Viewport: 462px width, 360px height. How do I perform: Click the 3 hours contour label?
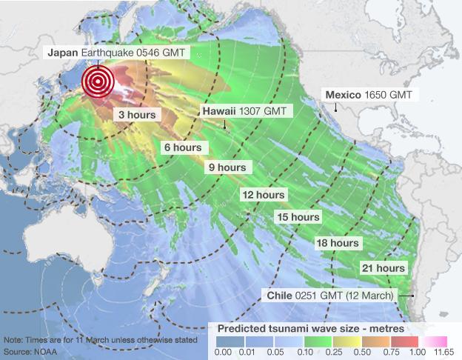pyautogui.click(x=136, y=116)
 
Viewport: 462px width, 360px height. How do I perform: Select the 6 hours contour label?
pyautogui.click(x=183, y=147)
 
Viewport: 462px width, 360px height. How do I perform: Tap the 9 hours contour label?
pyautogui.click(x=227, y=167)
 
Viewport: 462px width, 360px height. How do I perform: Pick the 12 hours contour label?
pyautogui.click(x=264, y=195)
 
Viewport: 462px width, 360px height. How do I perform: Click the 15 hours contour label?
pyautogui.click(x=298, y=217)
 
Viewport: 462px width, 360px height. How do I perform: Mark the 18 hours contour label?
pyautogui.click(x=337, y=243)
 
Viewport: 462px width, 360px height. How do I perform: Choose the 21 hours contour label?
pyautogui.click(x=383, y=267)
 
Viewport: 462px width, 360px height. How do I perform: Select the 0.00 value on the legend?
pyautogui.click(x=223, y=353)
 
